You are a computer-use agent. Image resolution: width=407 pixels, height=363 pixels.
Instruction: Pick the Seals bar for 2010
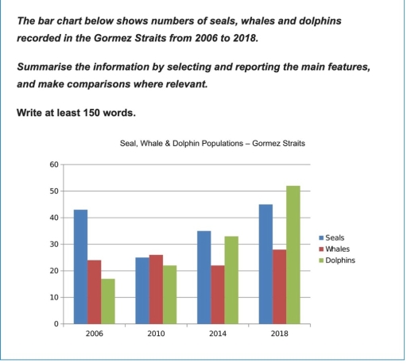click(141, 291)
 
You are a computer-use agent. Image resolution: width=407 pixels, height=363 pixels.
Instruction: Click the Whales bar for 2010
click(156, 289)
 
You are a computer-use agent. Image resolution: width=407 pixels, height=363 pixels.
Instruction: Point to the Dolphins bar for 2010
click(171, 295)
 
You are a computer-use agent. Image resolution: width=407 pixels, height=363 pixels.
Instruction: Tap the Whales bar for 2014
click(218, 295)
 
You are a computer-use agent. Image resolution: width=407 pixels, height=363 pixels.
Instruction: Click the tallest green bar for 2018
click(294, 254)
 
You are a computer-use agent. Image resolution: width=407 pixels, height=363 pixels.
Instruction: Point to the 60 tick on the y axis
click(53, 164)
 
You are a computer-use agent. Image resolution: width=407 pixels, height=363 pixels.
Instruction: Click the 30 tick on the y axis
click(53, 244)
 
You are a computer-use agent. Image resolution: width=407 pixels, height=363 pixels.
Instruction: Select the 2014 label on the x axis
click(218, 334)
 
